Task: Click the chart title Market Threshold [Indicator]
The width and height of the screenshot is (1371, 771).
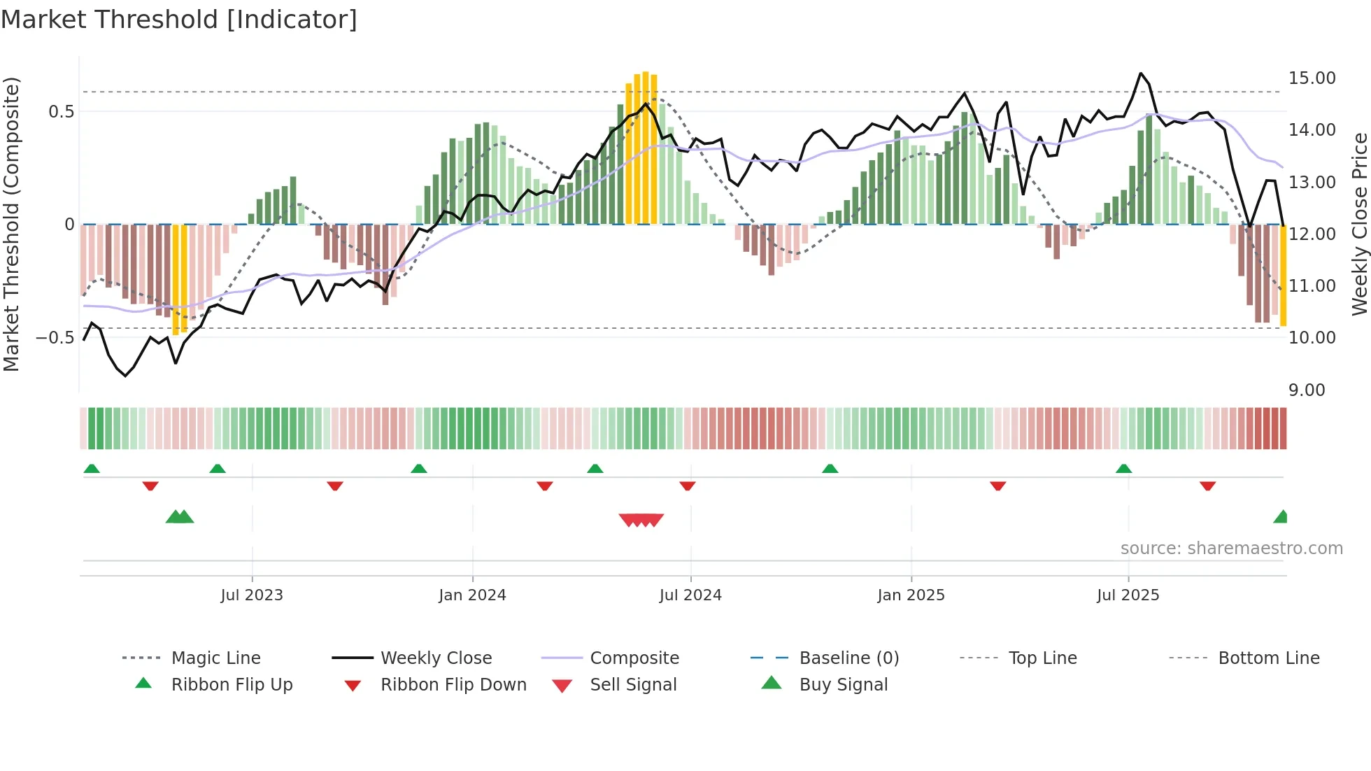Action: (179, 20)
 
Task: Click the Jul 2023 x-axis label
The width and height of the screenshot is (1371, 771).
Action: (252, 595)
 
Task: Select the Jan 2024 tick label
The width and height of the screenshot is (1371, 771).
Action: (472, 595)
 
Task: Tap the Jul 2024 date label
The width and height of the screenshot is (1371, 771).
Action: (690, 595)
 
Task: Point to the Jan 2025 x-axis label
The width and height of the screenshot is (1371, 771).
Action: (911, 595)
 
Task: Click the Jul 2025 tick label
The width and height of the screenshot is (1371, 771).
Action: (1128, 595)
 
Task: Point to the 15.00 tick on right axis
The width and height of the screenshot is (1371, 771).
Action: (1312, 78)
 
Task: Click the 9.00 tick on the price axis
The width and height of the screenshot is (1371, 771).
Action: (1307, 390)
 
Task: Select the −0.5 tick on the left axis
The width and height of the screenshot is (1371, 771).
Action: (55, 338)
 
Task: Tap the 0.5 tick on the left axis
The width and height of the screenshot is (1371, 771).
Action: (61, 112)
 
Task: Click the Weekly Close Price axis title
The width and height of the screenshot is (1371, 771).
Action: (1359, 224)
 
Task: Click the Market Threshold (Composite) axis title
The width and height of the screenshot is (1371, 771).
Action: (11, 224)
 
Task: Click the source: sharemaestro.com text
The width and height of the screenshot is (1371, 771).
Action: (1231, 549)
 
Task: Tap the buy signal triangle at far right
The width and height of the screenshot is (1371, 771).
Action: (1281, 518)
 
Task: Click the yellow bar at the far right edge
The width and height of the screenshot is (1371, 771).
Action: (1283, 276)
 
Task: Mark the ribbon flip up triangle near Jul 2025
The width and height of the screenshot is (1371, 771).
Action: (1123, 469)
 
